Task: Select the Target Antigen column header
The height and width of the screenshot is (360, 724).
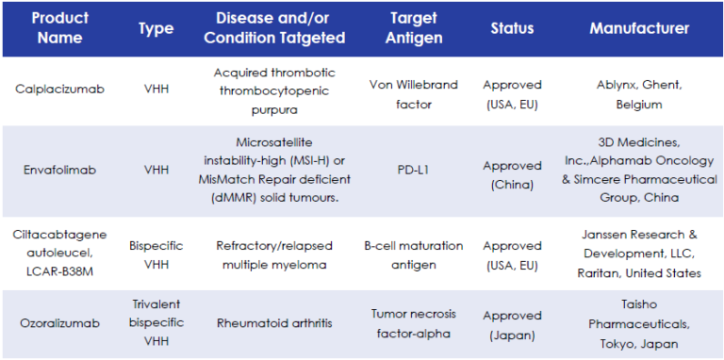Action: pyautogui.click(x=413, y=28)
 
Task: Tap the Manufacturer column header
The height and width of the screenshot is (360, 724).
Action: pyautogui.click(x=639, y=28)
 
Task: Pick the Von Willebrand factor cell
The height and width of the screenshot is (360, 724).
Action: pyautogui.click(x=413, y=89)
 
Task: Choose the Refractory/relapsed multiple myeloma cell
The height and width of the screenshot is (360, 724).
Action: pyautogui.click(x=281, y=254)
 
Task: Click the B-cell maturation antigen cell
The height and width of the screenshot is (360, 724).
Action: pyautogui.click(x=413, y=254)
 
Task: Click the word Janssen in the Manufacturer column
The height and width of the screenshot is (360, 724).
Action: pyautogui.click(x=610, y=237)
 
